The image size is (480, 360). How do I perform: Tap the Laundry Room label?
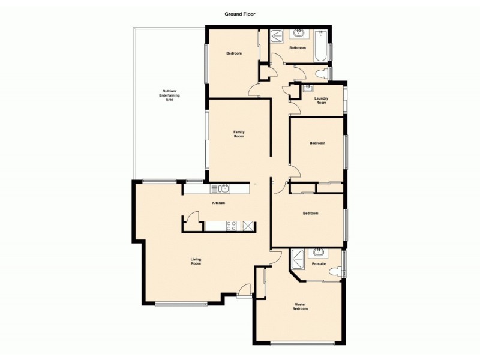pyautogui.click(x=322, y=100)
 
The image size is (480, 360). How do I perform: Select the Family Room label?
pyautogui.click(x=239, y=134)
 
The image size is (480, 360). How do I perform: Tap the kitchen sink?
pyautogui.click(x=223, y=189)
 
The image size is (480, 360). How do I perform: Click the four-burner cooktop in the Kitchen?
pyautogui.click(x=230, y=226)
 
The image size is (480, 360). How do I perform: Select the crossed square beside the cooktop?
pyautogui.click(x=248, y=226)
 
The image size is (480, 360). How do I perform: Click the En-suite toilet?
pyautogui.click(x=334, y=272)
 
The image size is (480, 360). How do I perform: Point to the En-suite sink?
pyautogui.click(x=319, y=252)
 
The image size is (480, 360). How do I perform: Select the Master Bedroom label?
pyautogui.click(x=300, y=307)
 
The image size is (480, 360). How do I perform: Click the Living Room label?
pyautogui.click(x=196, y=262)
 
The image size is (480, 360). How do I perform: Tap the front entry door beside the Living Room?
pyautogui.click(x=244, y=291)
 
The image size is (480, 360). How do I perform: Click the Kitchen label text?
pyautogui.click(x=218, y=203)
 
